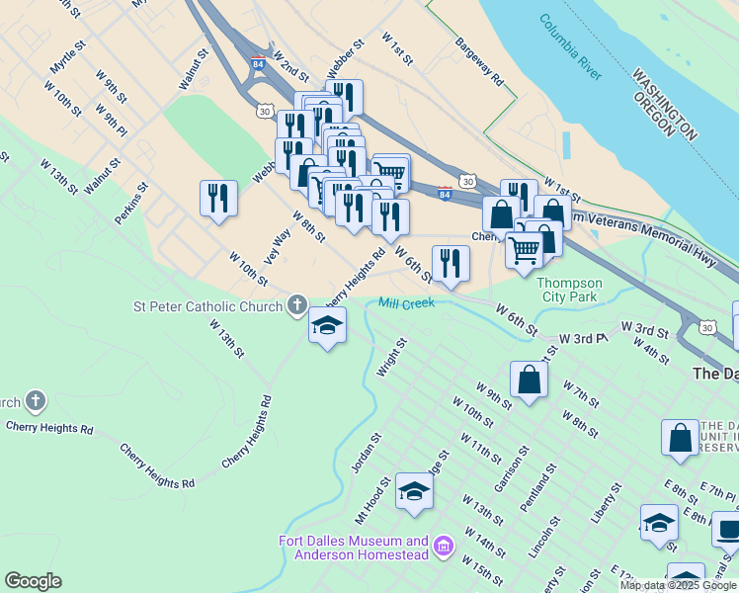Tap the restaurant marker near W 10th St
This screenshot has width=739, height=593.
pos(218,198)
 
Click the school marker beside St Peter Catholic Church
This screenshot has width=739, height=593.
pos(327,324)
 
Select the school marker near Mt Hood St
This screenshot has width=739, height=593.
pos(414,491)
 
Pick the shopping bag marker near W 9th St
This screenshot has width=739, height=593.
pos(530,379)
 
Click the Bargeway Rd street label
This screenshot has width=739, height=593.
pos(480,60)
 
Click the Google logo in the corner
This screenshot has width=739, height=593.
pos(33,581)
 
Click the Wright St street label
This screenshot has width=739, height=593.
pos(392,358)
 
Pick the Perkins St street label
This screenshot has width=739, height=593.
pos(130,203)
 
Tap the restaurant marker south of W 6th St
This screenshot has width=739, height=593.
pos(451,263)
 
